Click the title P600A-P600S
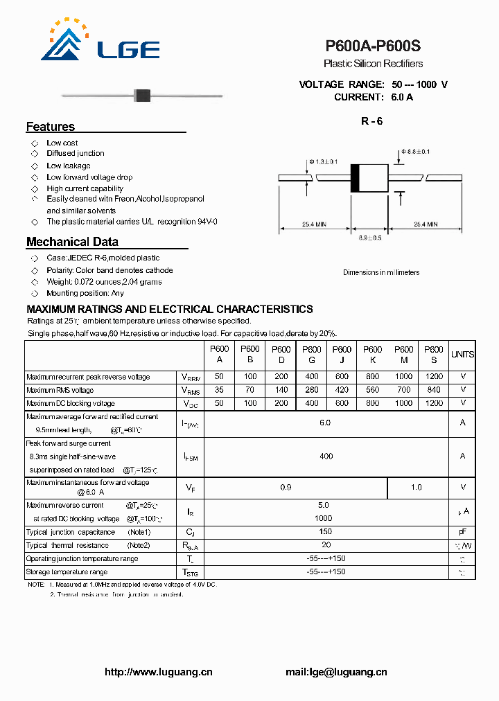click(x=373, y=46)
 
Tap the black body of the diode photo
click(x=142, y=95)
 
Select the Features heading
click(x=51, y=127)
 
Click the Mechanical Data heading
click(x=72, y=242)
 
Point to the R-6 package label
click(x=371, y=121)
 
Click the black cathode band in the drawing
click(x=355, y=178)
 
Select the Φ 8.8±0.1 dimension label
click(x=415, y=151)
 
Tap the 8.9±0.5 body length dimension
click(x=370, y=238)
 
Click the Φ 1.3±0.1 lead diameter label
click(x=323, y=161)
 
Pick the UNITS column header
click(x=462, y=355)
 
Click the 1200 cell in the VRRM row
click(x=433, y=377)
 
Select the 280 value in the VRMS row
click(x=312, y=390)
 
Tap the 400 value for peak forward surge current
click(x=326, y=456)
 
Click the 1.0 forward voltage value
click(x=416, y=488)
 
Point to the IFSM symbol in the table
click(x=190, y=457)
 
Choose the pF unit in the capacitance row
click(x=462, y=532)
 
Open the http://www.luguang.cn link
click(x=159, y=672)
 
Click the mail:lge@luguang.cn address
click(x=336, y=672)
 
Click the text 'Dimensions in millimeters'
click(x=381, y=272)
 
